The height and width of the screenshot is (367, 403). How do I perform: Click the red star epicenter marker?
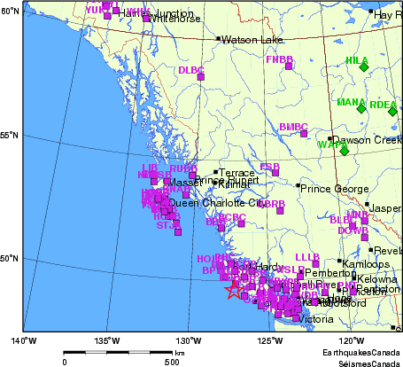233,289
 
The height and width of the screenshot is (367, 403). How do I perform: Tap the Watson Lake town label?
251,40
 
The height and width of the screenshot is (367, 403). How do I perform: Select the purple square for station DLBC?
202,77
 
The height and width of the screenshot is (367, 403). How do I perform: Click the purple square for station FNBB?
289,66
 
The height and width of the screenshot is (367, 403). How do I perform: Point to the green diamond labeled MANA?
360,108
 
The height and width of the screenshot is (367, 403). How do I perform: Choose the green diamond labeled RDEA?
392,111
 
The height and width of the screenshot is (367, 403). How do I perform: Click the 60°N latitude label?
11,11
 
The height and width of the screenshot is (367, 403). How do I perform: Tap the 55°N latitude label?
11,135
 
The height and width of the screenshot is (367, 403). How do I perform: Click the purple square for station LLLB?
315,263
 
